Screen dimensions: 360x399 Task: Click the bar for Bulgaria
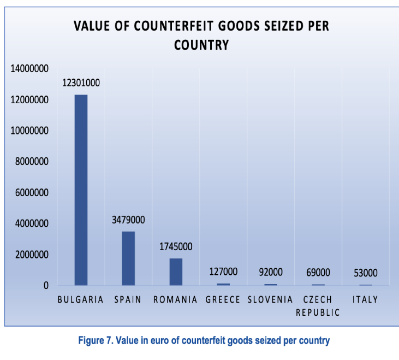[81, 190]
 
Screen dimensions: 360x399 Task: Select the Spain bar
[128, 258]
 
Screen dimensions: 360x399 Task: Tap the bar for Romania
[176, 272]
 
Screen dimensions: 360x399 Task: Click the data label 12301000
[81, 83]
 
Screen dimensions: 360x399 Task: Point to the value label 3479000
[128, 220]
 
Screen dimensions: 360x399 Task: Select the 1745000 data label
[176, 247]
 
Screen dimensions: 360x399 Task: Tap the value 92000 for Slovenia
[270, 272]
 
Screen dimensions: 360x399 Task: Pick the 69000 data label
[318, 273]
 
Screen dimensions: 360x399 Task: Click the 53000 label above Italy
[365, 273]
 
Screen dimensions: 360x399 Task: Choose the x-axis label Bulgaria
[81, 300]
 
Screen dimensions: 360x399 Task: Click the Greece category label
[223, 300]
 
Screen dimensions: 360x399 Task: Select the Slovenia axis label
[270, 300]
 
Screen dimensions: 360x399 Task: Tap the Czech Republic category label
[318, 306]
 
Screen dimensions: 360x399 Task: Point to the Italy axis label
[365, 300]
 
